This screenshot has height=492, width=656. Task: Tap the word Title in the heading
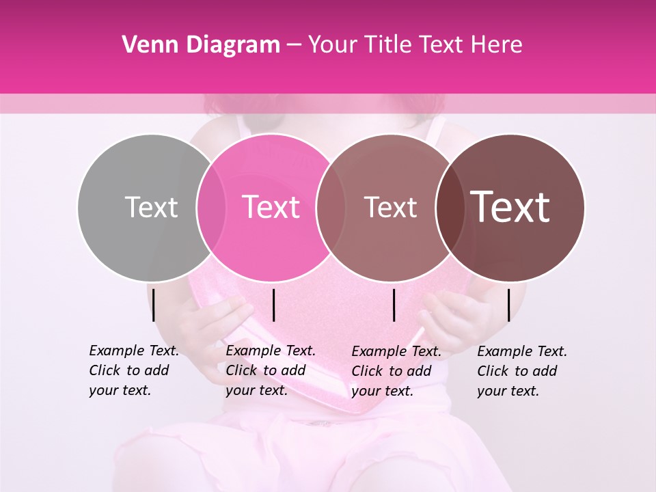388,45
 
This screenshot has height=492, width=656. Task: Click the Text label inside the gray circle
151,207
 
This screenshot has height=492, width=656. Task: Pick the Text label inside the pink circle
271,207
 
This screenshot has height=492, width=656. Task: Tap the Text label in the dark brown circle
510,207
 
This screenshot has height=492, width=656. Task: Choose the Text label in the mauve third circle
390,207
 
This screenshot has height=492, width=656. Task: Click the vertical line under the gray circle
154,305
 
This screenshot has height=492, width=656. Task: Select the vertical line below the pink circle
274,305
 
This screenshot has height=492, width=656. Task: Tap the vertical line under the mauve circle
394,305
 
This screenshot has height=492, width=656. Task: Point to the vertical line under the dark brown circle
509,305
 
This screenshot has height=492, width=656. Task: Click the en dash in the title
294,45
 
